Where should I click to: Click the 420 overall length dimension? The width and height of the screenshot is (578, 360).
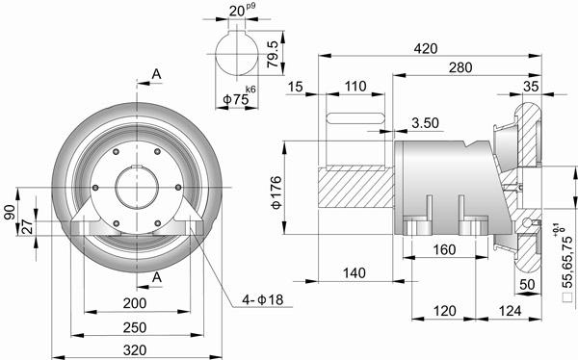(x=426, y=49)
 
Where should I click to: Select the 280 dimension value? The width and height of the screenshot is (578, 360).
(x=460, y=67)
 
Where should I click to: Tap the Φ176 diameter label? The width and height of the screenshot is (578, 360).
(x=276, y=193)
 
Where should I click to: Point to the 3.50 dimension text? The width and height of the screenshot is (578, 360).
(x=426, y=123)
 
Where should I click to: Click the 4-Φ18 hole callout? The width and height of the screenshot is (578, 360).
(x=263, y=299)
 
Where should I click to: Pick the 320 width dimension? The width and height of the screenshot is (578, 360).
(x=135, y=350)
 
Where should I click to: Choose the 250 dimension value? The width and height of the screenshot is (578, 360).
(x=135, y=327)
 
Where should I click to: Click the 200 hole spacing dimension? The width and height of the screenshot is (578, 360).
(x=135, y=303)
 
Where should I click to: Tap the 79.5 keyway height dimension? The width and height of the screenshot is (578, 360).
(x=273, y=54)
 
